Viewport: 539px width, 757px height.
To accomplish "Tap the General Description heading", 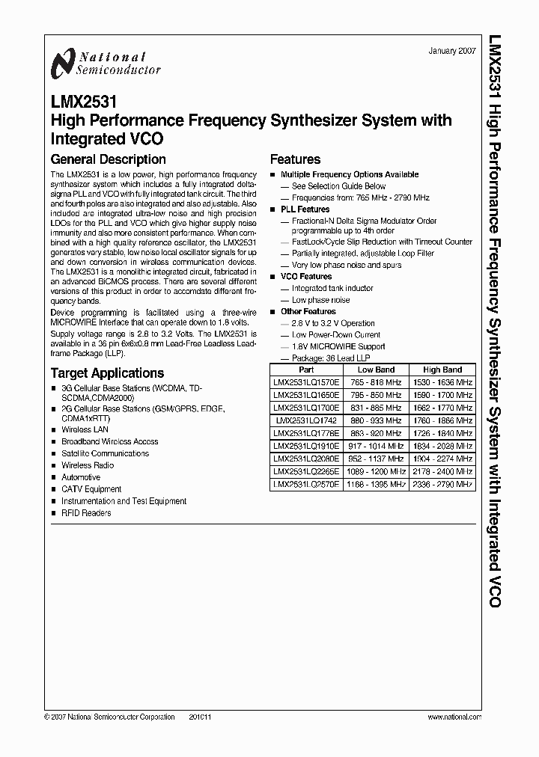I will coord(108,159).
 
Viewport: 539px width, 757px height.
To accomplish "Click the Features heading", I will coord(295,159).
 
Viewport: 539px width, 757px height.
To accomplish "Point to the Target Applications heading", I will coord(107,373).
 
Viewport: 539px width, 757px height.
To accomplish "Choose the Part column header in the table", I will coord(306,370).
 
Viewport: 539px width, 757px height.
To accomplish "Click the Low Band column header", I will coord(376,370).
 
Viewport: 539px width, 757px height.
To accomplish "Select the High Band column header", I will coord(442,370).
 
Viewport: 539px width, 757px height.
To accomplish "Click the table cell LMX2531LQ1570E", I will coord(306,382).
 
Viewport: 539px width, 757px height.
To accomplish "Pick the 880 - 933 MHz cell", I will coord(376,420).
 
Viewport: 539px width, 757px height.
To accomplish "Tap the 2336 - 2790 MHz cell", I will coord(442,484).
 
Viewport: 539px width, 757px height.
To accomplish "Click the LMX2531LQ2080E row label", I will coord(306,459).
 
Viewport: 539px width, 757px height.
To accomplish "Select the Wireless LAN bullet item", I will coord(85,430).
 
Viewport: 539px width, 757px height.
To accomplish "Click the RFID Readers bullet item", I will coord(86,513).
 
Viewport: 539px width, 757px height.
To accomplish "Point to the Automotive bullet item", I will coord(81,477).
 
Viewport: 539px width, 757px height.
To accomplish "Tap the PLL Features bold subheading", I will coord(305,209).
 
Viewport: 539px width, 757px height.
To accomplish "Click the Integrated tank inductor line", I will coord(332,288).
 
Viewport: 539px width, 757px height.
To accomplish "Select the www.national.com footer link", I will coord(454,717).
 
